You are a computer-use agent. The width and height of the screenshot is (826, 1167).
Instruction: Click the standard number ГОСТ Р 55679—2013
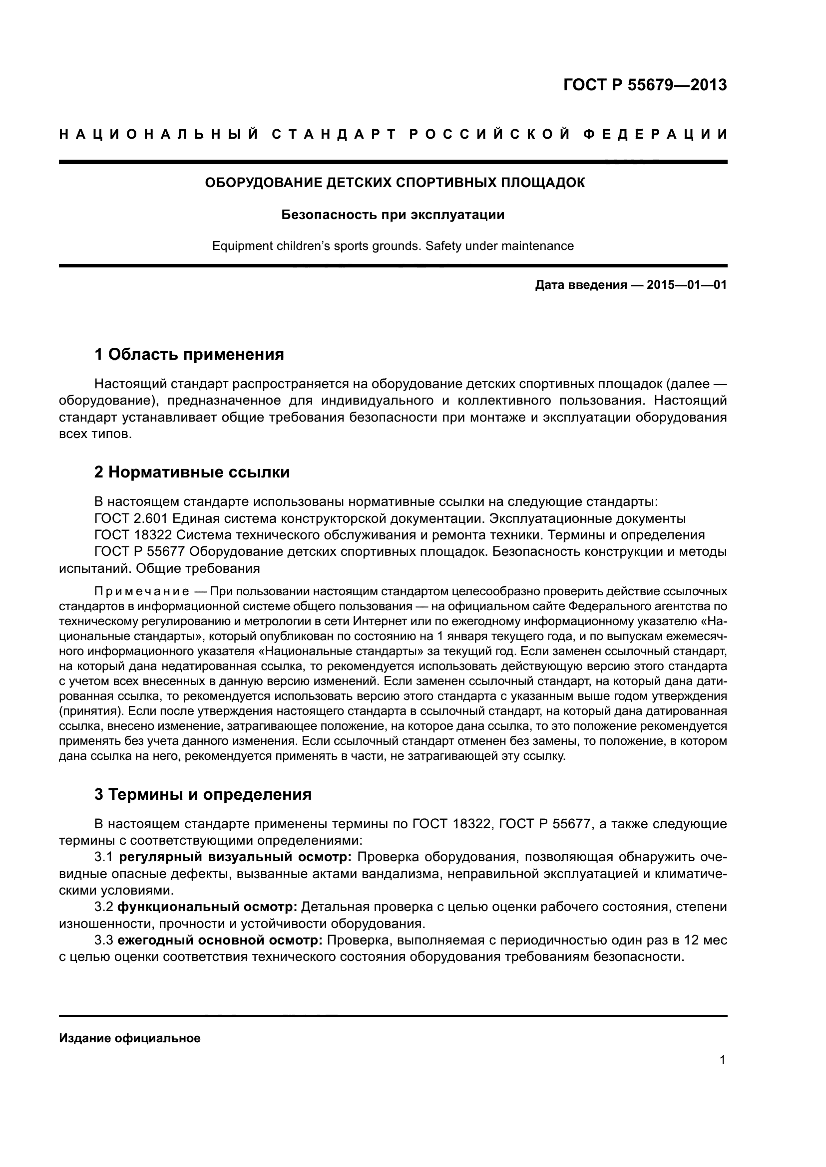[645, 85]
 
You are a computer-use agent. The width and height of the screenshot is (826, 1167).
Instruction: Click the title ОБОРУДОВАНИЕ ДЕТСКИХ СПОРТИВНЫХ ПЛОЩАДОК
[394, 183]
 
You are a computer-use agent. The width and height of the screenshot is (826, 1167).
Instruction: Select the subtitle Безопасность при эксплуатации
[393, 215]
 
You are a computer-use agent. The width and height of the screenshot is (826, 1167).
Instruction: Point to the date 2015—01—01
[687, 285]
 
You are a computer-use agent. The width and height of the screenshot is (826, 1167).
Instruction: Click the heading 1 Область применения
[189, 354]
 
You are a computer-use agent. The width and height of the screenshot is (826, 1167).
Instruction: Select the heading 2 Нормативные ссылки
[192, 472]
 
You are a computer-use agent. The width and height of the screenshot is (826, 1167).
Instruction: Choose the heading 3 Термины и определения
[203, 794]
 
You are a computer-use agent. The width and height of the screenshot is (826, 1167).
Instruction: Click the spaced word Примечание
[142, 592]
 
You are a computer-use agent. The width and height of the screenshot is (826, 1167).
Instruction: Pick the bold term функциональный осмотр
[207, 907]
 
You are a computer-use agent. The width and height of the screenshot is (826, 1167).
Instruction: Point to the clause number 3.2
[104, 907]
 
